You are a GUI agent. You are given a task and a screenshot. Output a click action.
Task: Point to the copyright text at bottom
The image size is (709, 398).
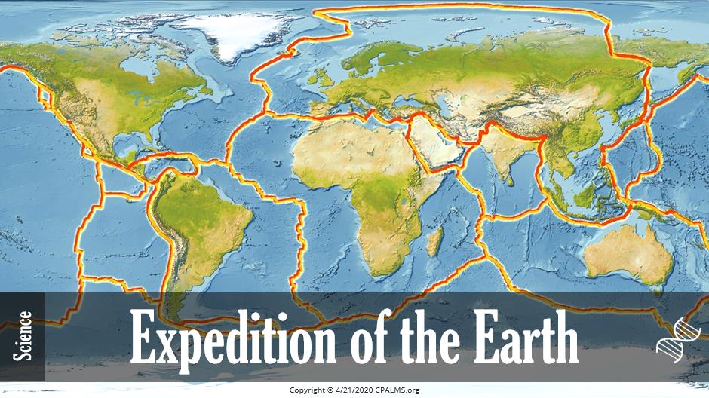[354, 390]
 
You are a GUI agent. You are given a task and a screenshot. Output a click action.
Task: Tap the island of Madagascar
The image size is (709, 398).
[435, 243]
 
